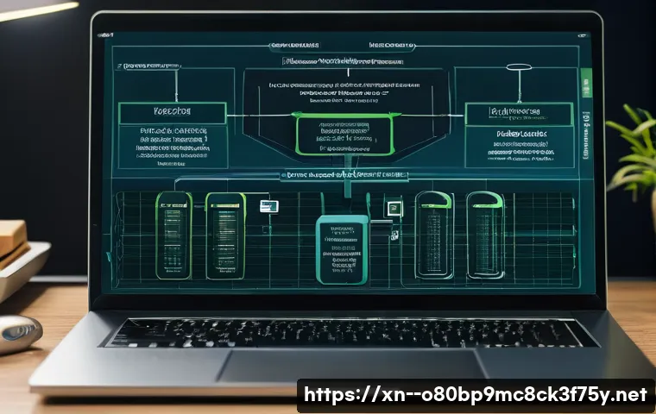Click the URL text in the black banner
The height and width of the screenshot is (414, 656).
point(474,396)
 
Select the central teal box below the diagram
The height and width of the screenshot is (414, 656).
point(343,249)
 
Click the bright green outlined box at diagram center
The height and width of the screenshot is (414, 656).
point(343,135)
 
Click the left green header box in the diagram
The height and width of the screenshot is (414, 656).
point(172,113)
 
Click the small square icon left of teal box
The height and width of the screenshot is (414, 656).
point(268,205)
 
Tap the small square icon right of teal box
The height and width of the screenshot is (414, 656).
point(394,207)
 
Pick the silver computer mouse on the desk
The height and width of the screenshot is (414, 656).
point(17,331)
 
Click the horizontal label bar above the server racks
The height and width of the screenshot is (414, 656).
point(343,175)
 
